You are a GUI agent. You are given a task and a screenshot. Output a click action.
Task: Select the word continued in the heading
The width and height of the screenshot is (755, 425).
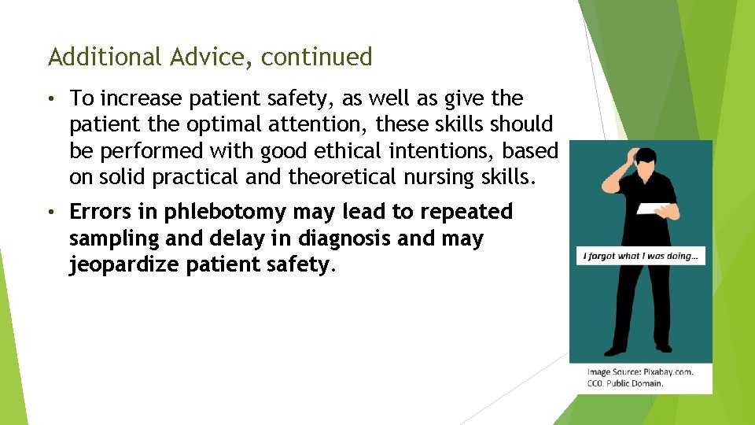(x=317, y=57)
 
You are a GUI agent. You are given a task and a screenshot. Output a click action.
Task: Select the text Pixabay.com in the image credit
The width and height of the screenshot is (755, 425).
(x=667, y=371)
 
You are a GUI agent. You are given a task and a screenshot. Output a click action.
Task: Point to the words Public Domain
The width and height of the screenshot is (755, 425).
(x=635, y=383)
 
